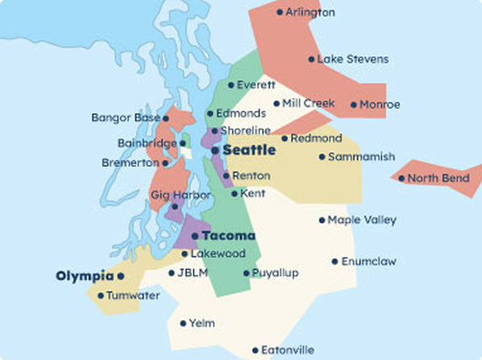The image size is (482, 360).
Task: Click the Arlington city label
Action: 311,12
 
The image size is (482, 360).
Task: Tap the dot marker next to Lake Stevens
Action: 312,59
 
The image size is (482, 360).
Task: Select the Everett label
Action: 256,84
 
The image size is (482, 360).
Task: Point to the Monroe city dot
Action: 354,104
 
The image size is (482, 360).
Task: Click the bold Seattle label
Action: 249,150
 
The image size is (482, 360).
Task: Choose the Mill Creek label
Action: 308,104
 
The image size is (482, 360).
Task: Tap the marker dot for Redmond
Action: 284,139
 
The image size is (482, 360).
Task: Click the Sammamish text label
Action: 361,157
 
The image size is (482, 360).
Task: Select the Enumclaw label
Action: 369,261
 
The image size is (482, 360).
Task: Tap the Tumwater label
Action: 133,296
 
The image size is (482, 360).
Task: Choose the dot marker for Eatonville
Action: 255,350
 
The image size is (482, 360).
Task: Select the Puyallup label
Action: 275,273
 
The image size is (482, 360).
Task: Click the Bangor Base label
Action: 125,118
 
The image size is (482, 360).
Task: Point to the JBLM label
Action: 193,273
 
